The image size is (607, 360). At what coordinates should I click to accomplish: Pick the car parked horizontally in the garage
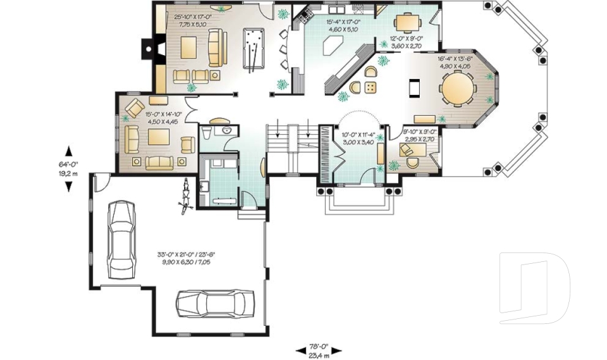215,303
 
